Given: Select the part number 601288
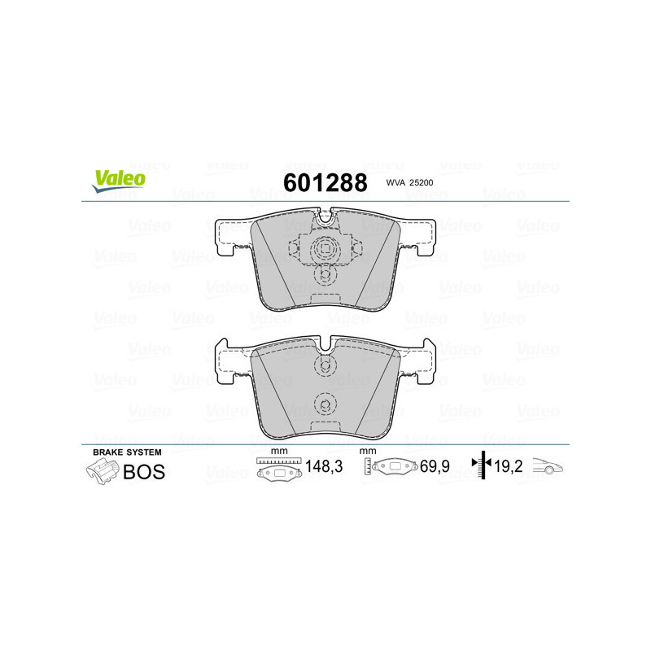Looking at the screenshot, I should tap(325, 183).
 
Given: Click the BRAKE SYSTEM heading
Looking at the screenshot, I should tap(127, 452).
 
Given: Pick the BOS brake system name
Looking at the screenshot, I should tap(143, 471).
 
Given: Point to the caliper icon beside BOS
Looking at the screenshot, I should tap(102, 470).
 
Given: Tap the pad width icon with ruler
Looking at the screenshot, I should tap(277, 468).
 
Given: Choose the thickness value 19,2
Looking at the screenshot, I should tap(510, 467).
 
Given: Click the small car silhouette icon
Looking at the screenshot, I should tap(547, 468).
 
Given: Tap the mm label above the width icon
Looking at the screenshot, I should tap(279, 452).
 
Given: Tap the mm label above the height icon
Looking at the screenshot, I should tap(368, 452).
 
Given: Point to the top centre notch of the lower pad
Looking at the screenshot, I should tap(325, 347).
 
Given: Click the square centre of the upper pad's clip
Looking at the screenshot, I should tap(325, 250).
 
